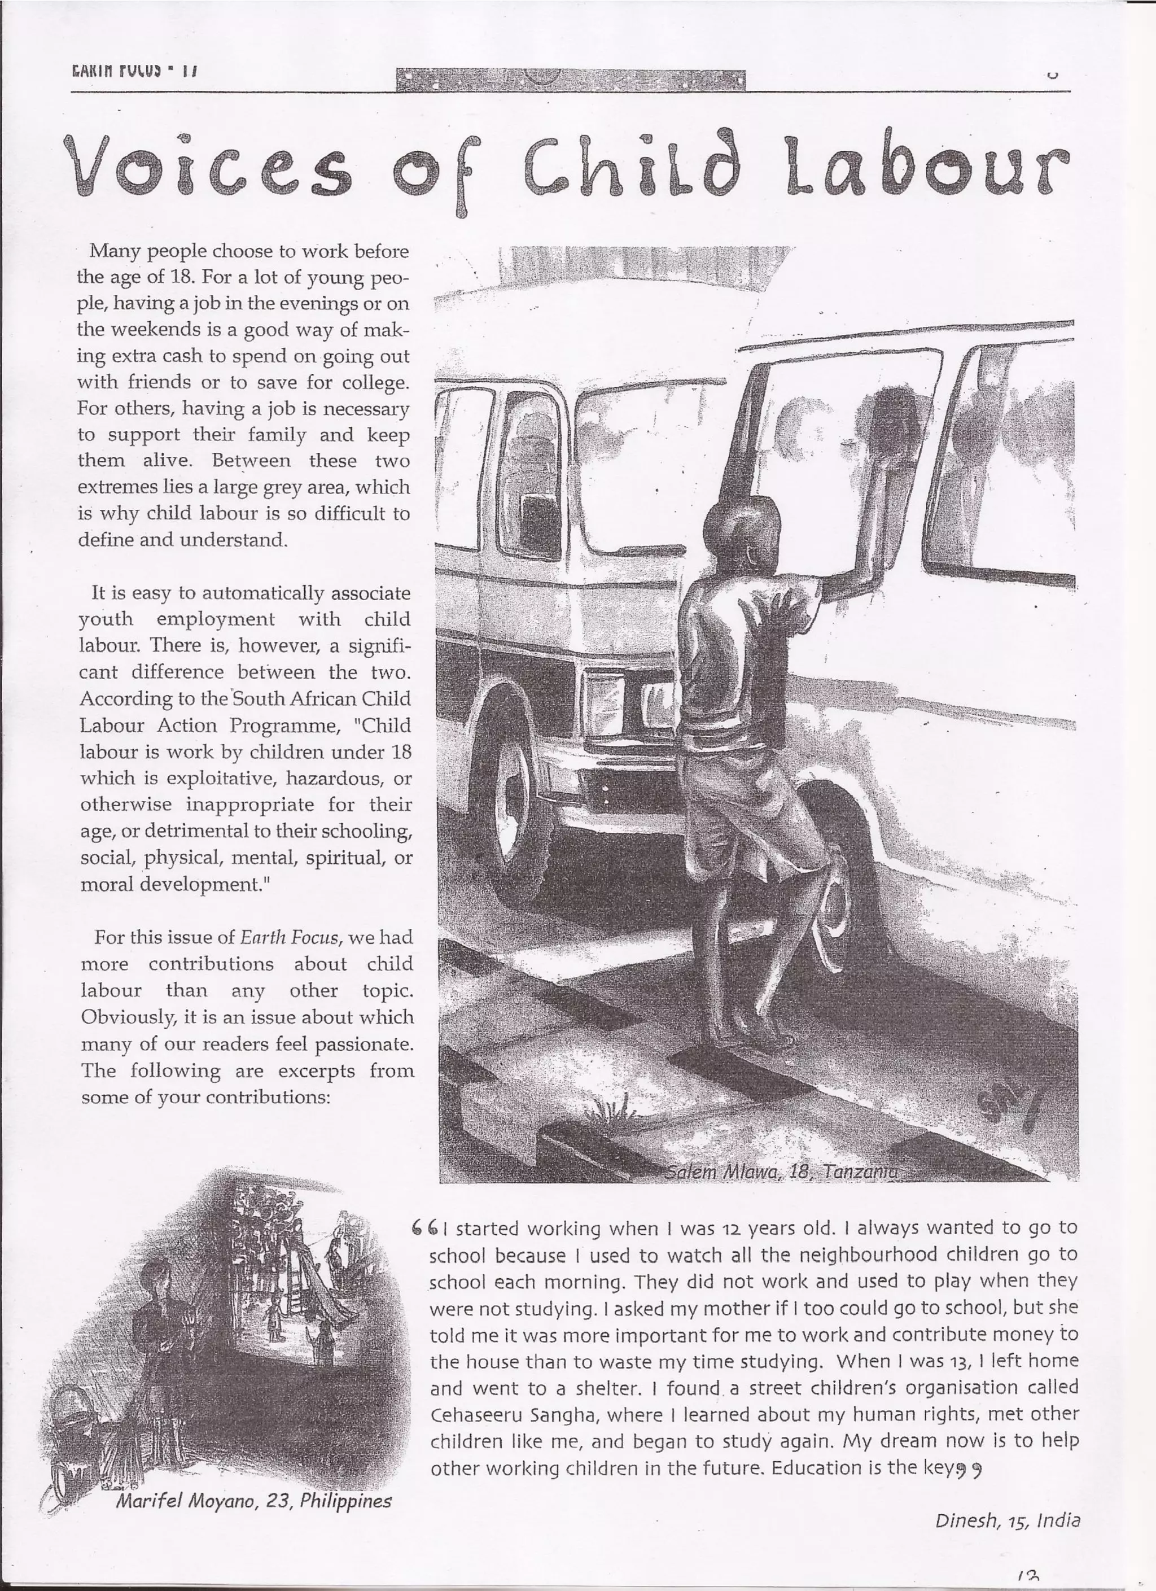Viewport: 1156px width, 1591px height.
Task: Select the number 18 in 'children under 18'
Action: pos(401,753)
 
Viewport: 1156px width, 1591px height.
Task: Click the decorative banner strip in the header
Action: pos(570,81)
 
